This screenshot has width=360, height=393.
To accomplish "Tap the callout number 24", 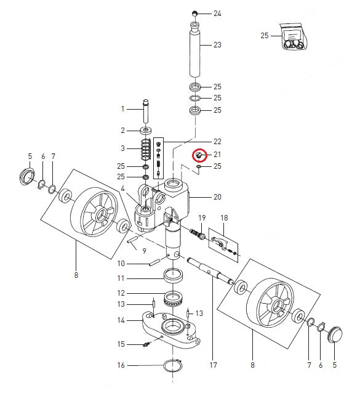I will click(x=217, y=13).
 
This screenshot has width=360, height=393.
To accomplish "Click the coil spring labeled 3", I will click(x=146, y=150).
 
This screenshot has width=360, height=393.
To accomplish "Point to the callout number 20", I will click(x=217, y=198).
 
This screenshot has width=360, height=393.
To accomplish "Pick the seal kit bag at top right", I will click(x=291, y=36).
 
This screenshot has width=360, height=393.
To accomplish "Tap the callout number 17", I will click(x=213, y=365).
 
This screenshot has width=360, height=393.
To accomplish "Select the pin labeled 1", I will click(x=146, y=110).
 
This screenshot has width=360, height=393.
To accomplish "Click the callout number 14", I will click(x=121, y=320).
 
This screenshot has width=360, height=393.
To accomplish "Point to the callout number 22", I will click(x=217, y=141).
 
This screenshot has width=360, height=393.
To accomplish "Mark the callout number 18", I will click(x=224, y=217).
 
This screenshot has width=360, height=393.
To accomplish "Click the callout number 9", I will click(x=143, y=251).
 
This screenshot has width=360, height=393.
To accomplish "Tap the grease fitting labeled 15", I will click(x=146, y=344).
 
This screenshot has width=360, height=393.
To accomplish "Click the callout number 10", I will click(x=121, y=263).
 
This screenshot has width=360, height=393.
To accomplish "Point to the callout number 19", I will click(x=201, y=218).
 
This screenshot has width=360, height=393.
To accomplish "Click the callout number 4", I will click(x=122, y=188).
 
